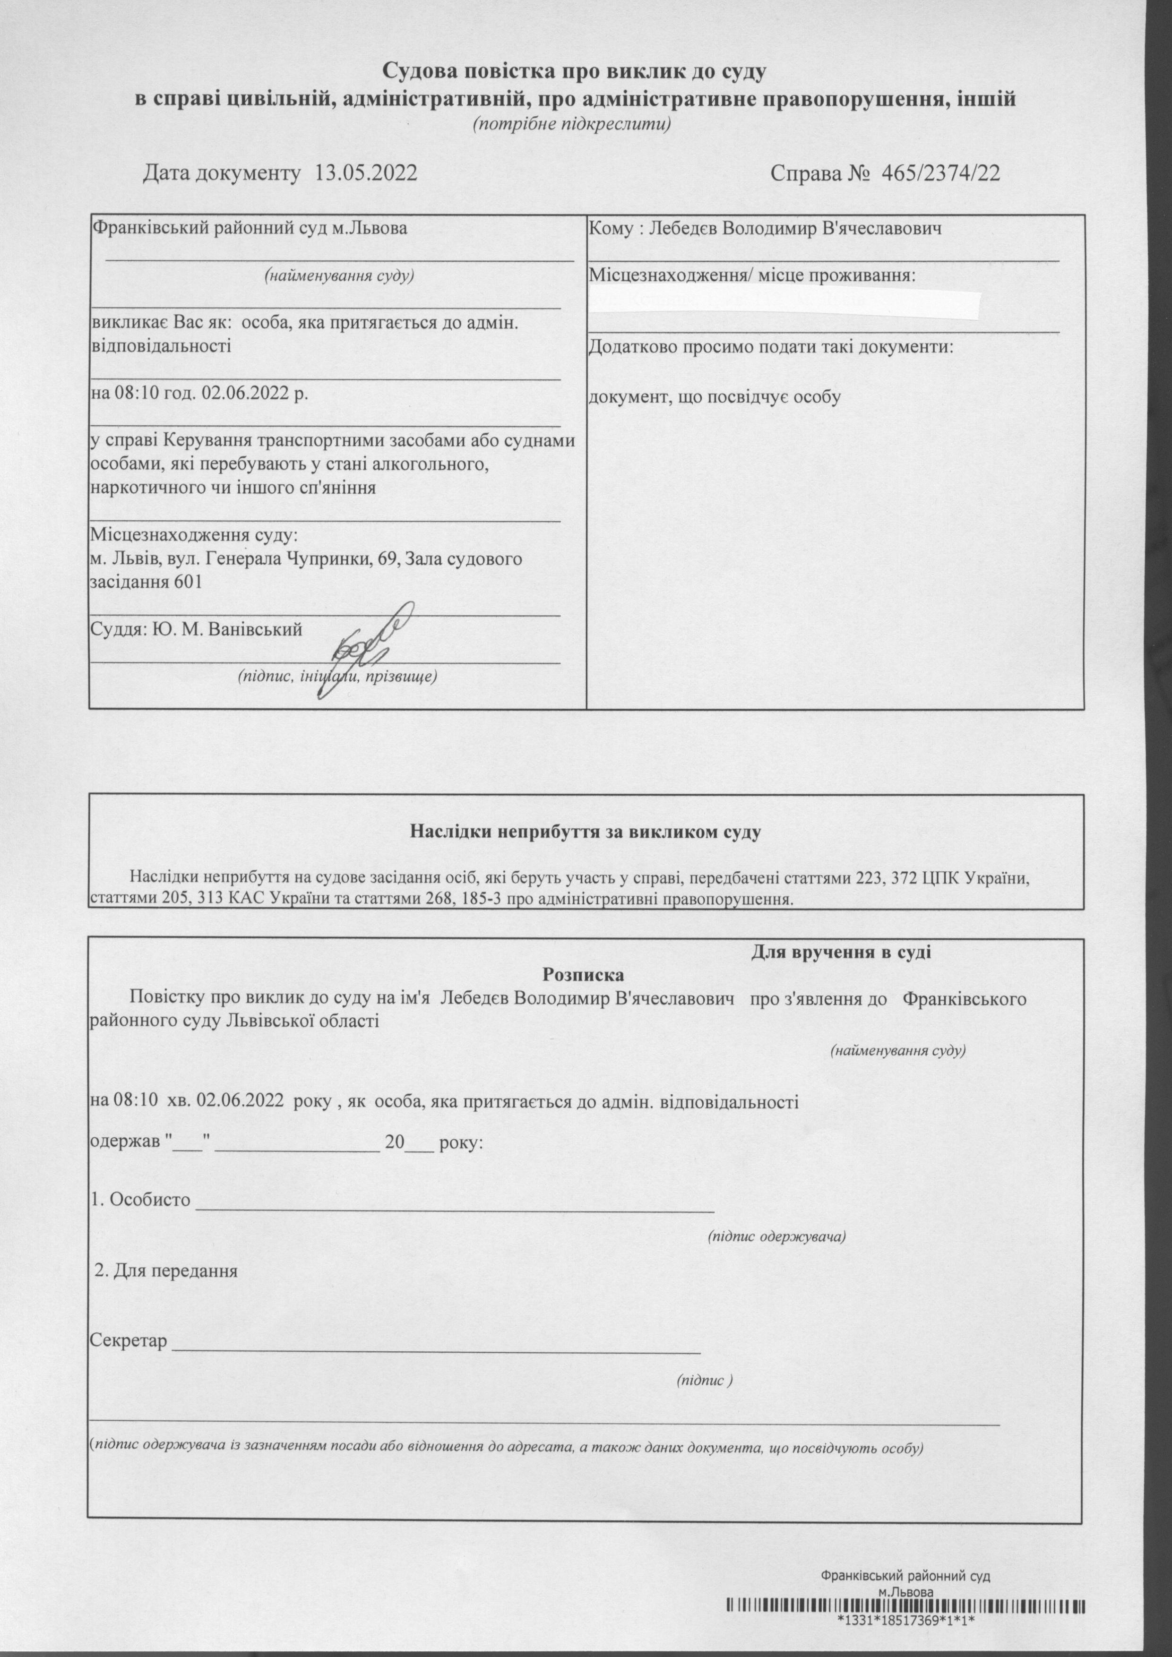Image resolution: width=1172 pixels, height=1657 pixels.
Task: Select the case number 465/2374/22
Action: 936,174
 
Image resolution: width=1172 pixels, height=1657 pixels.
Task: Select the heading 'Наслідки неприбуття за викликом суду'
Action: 586,832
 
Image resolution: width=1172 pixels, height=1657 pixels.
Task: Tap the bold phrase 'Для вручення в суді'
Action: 842,952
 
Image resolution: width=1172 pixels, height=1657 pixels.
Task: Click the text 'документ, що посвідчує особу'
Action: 715,396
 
